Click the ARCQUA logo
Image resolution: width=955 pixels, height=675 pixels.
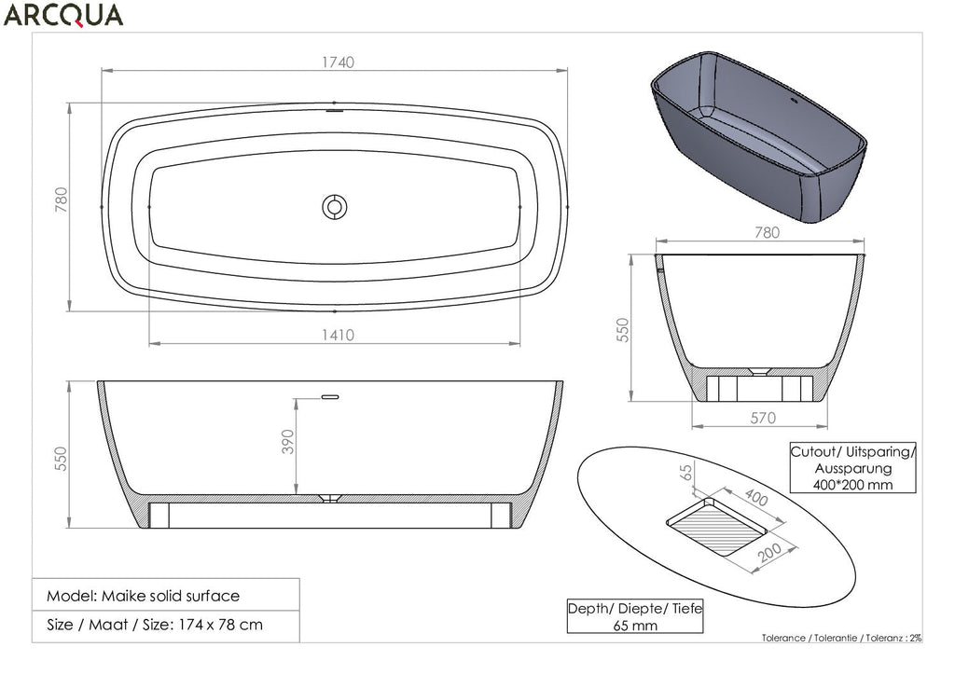click(63, 15)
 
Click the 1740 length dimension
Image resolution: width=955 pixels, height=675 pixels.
click(338, 62)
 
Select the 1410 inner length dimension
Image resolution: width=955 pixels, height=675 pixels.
click(338, 335)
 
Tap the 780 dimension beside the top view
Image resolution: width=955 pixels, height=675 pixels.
click(62, 200)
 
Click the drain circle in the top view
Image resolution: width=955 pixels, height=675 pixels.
click(335, 207)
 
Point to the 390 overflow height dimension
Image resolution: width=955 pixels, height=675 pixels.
click(288, 442)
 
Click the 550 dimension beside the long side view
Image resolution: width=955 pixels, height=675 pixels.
click(61, 459)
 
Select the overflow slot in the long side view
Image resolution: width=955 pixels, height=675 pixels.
click(330, 397)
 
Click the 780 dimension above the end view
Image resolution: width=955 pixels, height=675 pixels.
click(767, 232)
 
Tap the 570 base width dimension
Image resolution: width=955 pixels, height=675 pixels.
click(763, 418)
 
